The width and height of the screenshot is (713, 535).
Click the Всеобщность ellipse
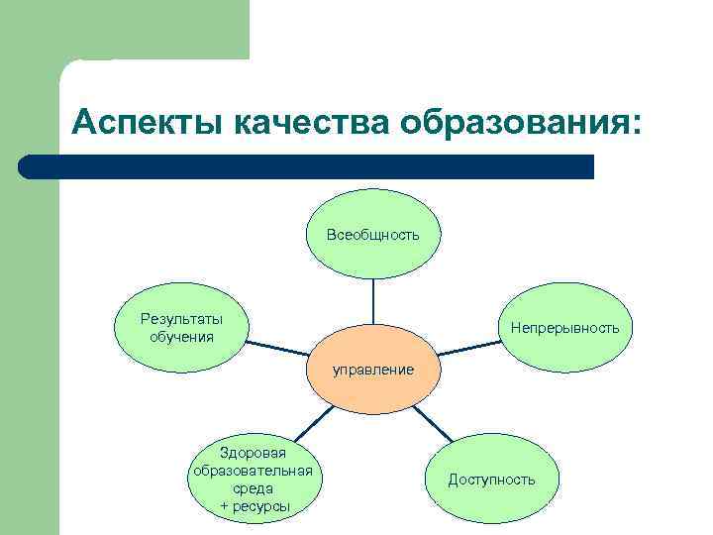point(373,235)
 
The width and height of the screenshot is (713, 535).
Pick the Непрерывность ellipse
point(564,327)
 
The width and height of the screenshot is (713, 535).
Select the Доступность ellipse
point(491,480)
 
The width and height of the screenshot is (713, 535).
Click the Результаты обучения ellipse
point(181,327)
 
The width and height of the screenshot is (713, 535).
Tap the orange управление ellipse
point(373,370)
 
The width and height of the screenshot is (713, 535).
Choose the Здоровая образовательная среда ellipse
point(254,480)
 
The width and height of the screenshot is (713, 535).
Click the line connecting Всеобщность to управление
point(373,301)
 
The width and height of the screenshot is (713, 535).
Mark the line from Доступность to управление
point(428,423)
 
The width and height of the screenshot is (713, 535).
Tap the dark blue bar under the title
point(307,166)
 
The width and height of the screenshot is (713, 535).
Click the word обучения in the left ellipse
point(181,336)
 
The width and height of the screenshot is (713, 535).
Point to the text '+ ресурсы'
point(255,507)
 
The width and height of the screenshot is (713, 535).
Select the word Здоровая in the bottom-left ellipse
point(254,453)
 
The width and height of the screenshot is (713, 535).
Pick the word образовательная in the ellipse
point(254,471)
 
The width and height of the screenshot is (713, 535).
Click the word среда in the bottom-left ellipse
point(255,488)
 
